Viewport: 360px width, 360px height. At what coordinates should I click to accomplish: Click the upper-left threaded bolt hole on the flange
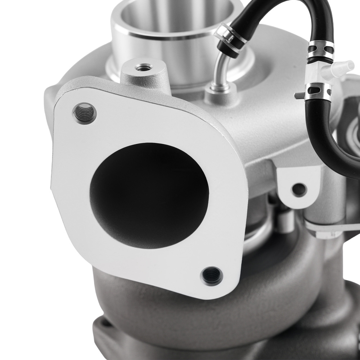coord(84,113)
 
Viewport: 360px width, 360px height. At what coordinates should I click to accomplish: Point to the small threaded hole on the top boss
coord(144,67)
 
